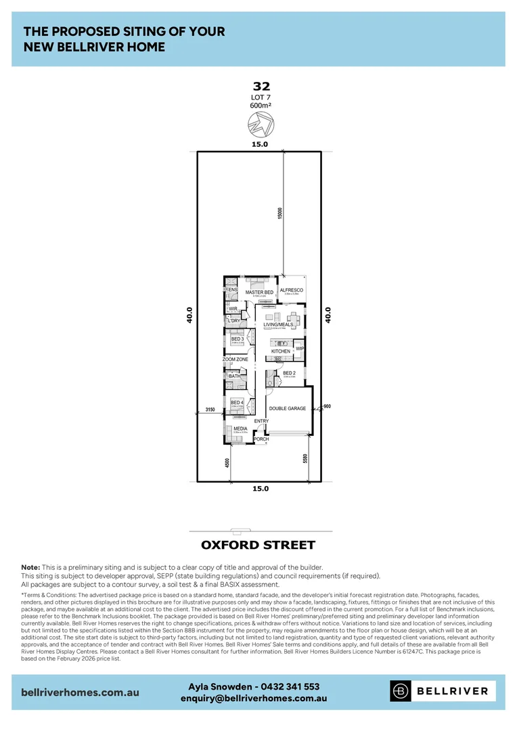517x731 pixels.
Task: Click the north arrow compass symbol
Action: pyautogui.click(x=261, y=125)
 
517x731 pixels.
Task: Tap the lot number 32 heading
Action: pyautogui.click(x=261, y=86)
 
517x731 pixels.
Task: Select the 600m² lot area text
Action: pyautogui.click(x=261, y=105)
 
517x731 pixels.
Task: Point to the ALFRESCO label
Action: pyautogui.click(x=292, y=290)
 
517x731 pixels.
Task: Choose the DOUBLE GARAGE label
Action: pyautogui.click(x=288, y=409)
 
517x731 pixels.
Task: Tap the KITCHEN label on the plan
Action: pyautogui.click(x=281, y=351)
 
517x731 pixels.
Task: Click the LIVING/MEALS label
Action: pyautogui.click(x=278, y=325)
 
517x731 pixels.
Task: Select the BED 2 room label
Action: pyautogui.click(x=289, y=373)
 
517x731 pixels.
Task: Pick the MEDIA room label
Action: pyautogui.click(x=240, y=428)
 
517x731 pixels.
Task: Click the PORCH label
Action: pyautogui.click(x=261, y=439)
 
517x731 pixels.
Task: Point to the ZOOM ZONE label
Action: pyautogui.click(x=235, y=359)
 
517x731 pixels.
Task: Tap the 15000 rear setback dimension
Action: pyautogui.click(x=280, y=213)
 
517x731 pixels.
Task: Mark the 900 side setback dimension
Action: pyautogui.click(x=327, y=406)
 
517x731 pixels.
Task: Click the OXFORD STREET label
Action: pyautogui.click(x=258, y=545)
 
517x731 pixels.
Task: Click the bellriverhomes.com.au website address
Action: pyautogui.click(x=81, y=692)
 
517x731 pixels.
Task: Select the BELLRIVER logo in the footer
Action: pyautogui.click(x=442, y=691)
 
